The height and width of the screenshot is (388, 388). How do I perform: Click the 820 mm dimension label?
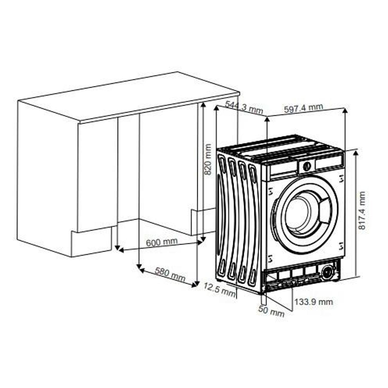click(x=207, y=159)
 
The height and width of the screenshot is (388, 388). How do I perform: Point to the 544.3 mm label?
click(x=244, y=107)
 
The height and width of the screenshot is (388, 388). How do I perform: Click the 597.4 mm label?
click(x=304, y=108)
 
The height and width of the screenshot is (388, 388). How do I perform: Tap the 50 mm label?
click(x=271, y=311)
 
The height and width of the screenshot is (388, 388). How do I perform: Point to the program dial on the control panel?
click(x=307, y=166)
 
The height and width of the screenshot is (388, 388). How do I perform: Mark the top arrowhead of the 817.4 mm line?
click(x=356, y=153)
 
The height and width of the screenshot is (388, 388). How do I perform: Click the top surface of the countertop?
click(x=129, y=97)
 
